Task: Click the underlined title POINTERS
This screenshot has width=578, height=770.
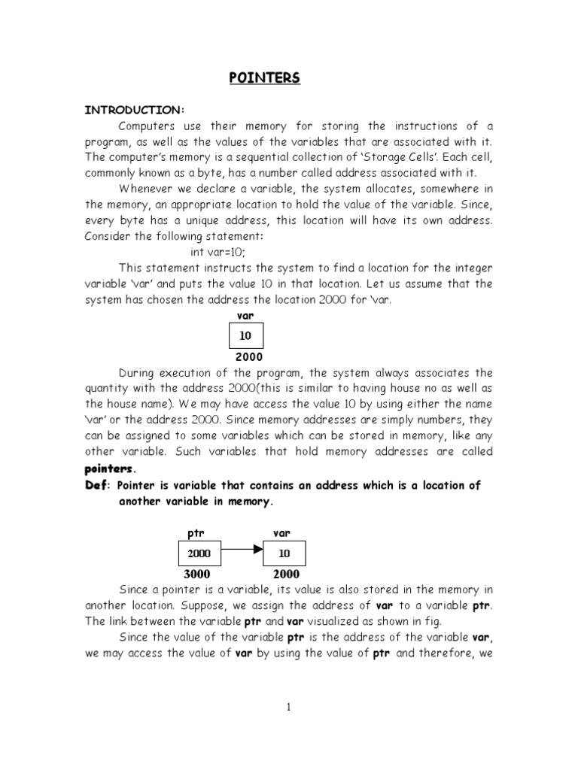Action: click(263, 78)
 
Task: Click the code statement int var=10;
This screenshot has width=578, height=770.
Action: click(218, 252)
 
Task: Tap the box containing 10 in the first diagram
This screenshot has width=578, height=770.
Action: click(245, 335)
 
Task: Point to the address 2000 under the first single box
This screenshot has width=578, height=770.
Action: click(245, 357)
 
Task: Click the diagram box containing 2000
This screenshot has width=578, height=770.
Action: click(199, 553)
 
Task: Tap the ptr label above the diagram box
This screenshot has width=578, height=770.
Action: click(195, 532)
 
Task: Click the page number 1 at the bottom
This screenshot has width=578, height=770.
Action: click(288, 707)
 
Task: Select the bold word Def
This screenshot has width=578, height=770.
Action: click(96, 486)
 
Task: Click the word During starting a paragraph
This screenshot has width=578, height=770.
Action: click(137, 373)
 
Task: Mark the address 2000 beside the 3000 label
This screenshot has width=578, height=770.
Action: click(286, 574)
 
